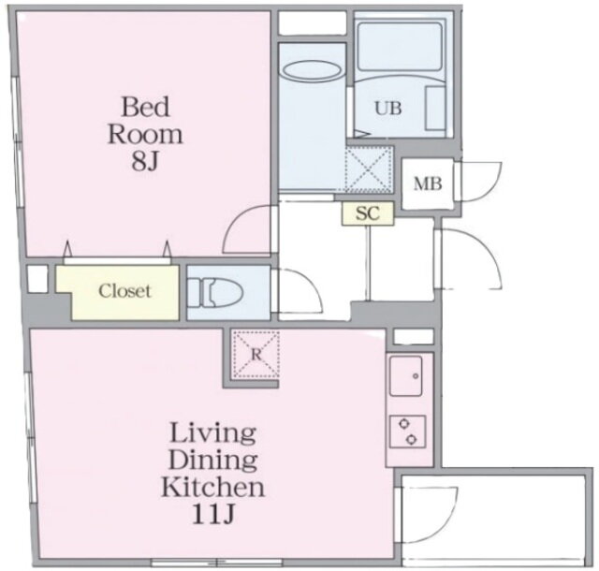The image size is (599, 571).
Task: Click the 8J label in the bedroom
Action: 145,162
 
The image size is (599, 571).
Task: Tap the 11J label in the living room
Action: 212,515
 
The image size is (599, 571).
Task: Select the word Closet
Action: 124,291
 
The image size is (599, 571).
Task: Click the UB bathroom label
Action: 388,109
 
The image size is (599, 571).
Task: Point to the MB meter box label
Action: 428,184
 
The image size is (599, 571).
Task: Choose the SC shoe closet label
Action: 368,213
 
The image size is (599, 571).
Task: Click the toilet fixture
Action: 216,293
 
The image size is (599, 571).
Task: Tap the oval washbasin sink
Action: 312,70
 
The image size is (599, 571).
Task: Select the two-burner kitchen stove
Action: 408,432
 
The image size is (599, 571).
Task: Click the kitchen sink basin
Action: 405,376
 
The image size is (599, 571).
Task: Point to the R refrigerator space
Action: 256,355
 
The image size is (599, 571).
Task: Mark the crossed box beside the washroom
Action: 369,168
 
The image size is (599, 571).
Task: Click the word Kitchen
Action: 212,488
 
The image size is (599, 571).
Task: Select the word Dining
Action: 212,461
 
